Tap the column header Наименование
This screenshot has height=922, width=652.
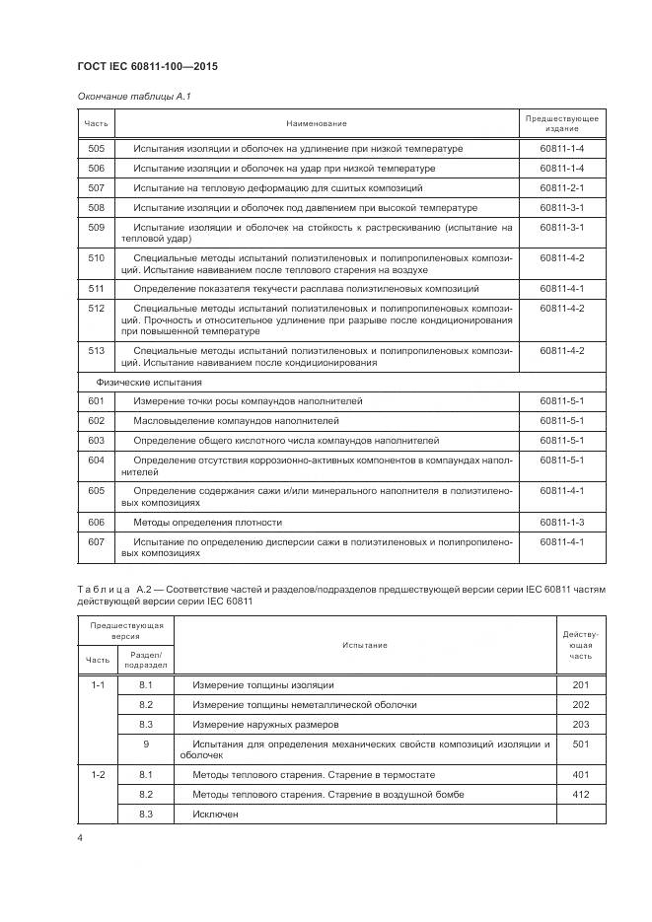[x=317, y=123]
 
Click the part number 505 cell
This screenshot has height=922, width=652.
[x=96, y=149]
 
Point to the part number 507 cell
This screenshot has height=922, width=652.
[x=96, y=187]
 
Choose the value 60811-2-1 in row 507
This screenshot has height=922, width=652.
[x=562, y=187]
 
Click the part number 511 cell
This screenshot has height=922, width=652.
[x=96, y=289]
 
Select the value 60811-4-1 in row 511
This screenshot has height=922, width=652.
[x=562, y=289]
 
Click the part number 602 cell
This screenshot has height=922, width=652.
[x=96, y=420]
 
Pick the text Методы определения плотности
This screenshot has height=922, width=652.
[x=208, y=522]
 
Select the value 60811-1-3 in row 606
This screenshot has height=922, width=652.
[x=562, y=522]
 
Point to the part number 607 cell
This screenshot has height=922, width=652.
[x=96, y=541]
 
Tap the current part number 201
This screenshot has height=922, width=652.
[x=580, y=684]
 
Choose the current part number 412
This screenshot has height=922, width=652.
[x=580, y=794]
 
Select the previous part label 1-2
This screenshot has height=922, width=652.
[x=98, y=774]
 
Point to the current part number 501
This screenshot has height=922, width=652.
[x=580, y=745]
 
